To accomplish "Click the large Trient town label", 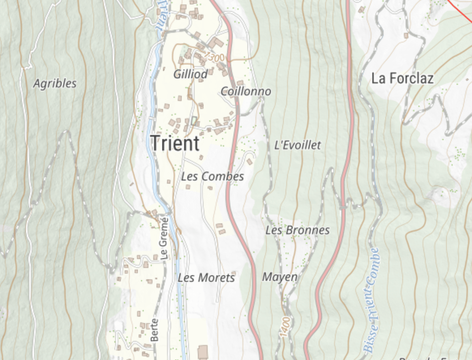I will pyautogui.click(x=175, y=144).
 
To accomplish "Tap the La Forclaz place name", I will pyautogui.click(x=402, y=78).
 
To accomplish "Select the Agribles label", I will pyautogui.click(x=55, y=84).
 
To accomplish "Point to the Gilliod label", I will pyautogui.click(x=190, y=74).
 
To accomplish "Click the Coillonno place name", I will pyautogui.click(x=246, y=91).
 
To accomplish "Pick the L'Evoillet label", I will pyautogui.click(x=298, y=145).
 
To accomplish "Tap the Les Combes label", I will pyautogui.click(x=212, y=176).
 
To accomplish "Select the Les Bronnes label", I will pyautogui.click(x=297, y=230).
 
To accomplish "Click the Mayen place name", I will pyautogui.click(x=280, y=277).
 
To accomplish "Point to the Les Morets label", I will pyautogui.click(x=206, y=278).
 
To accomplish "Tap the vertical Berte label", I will pyautogui.click(x=154, y=329).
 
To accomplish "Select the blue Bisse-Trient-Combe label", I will pyautogui.click(x=371, y=300).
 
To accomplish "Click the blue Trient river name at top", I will pyautogui.click(x=160, y=16).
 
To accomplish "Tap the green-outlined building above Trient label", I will pyautogui.click(x=194, y=120).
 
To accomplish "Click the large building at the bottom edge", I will pyautogui.click(x=202, y=351).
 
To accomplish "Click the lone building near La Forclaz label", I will pyautogui.click(x=405, y=36).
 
